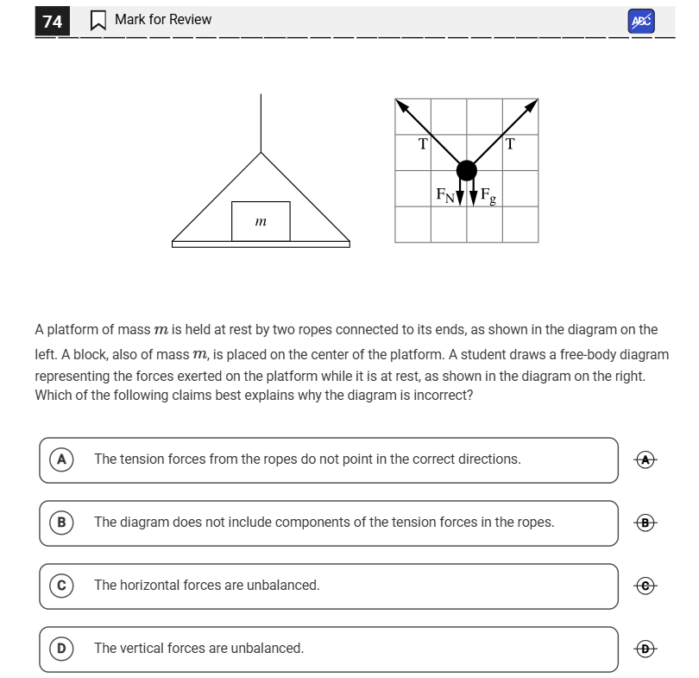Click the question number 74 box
pos(53,21)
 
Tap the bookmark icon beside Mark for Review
pos(98,20)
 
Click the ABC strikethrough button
pos(641,22)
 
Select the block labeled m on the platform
pos(261,221)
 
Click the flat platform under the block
pos(261,244)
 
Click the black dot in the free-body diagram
pos(466,170)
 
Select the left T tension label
pos(422,144)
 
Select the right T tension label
pos(510,144)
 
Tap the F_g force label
pos(488,196)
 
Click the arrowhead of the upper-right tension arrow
pos(532,105)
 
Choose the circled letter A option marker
pos(61,459)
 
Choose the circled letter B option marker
pos(61,523)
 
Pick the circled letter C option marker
pos(61,586)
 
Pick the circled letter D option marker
pos(61,649)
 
